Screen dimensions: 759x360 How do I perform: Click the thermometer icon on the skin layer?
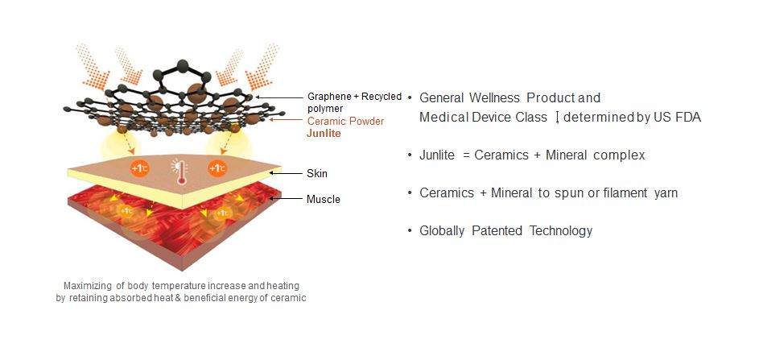182,172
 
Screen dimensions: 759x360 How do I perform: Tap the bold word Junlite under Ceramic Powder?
324,134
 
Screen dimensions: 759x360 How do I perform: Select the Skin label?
317,173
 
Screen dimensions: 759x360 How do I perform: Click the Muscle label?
324,199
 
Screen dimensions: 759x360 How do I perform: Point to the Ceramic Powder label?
345,121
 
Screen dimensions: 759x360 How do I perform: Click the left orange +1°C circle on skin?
139,168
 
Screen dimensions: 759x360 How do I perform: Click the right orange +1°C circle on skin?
217,168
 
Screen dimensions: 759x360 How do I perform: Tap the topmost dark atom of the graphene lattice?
183,66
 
